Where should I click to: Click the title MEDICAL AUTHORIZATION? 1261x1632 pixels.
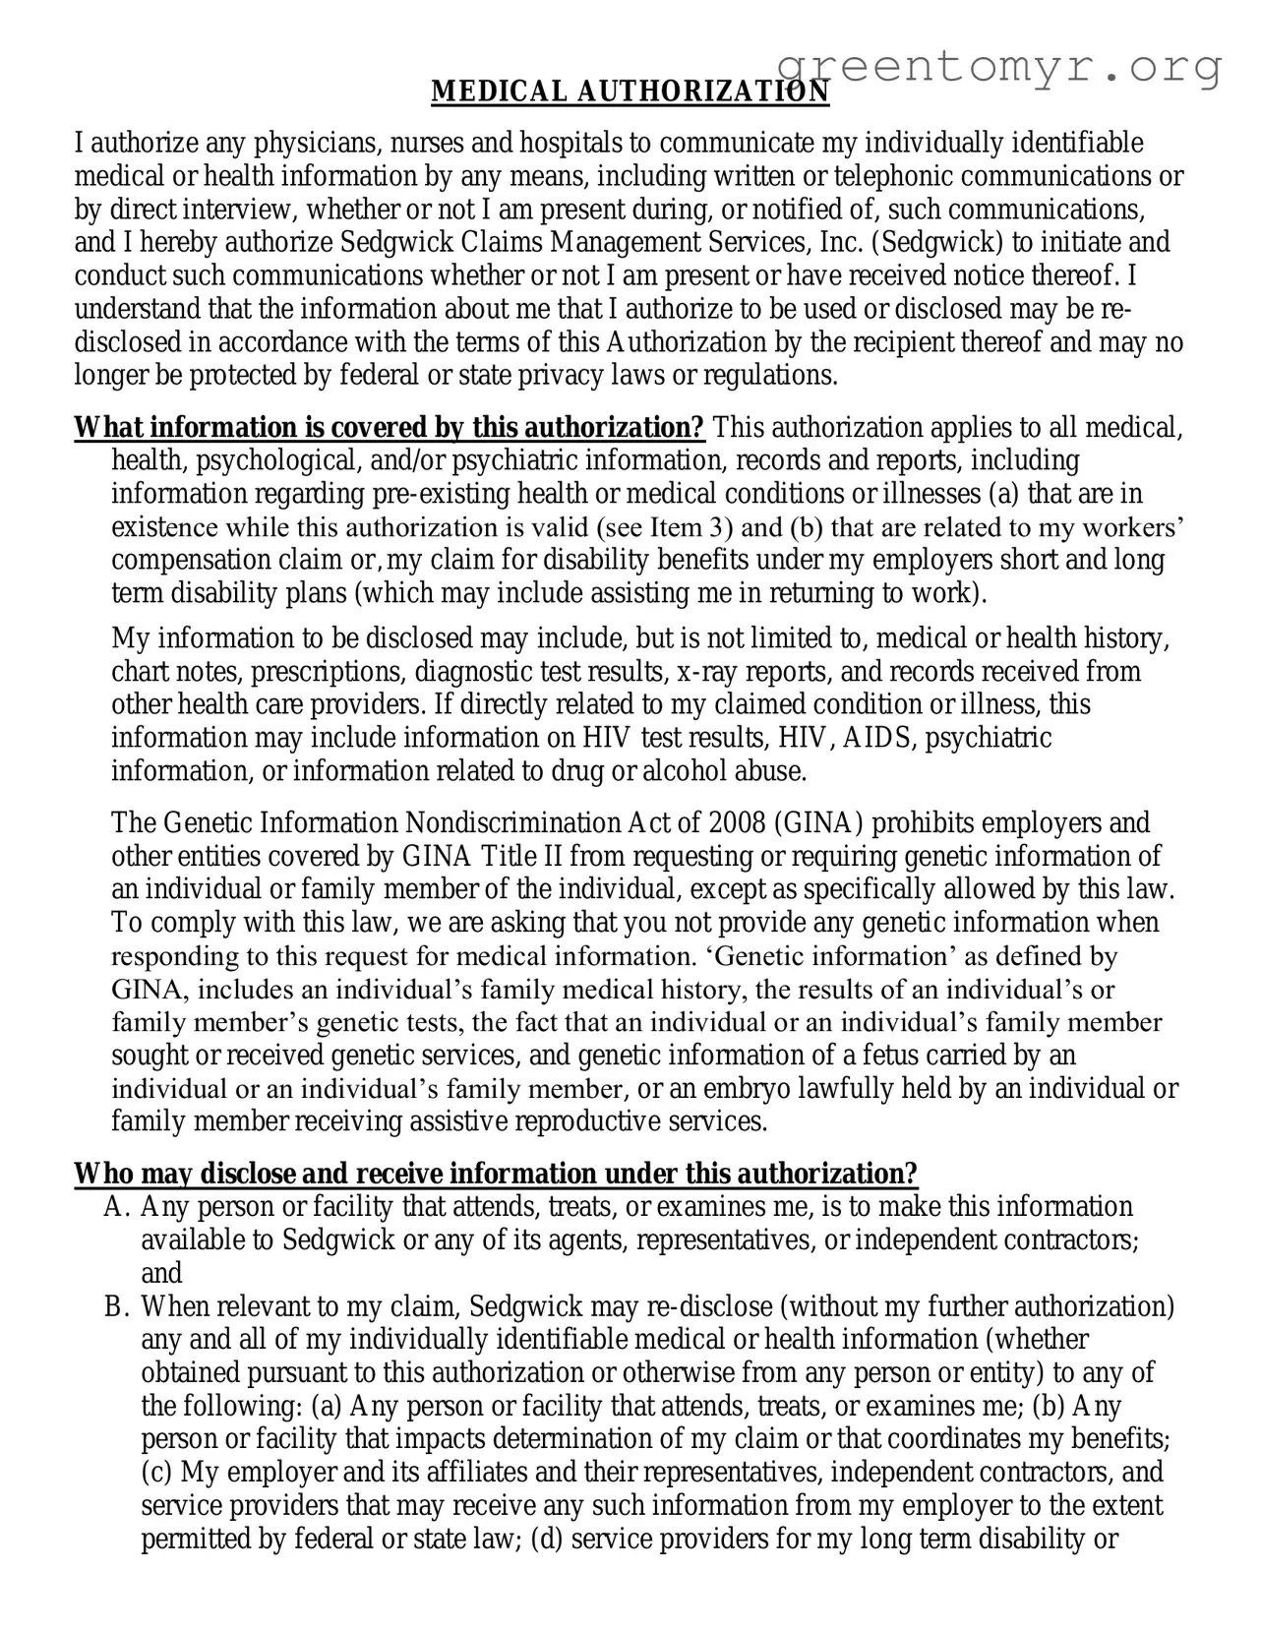click(x=630, y=91)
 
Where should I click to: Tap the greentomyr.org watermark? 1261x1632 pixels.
click(x=999, y=67)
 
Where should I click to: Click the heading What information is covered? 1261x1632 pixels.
click(x=390, y=428)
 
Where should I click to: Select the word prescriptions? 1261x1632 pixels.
click(x=328, y=672)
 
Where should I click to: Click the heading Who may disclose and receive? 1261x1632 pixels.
click(x=496, y=1174)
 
